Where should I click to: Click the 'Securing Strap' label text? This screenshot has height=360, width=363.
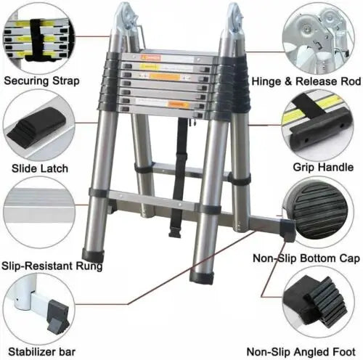pos(41,80)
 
